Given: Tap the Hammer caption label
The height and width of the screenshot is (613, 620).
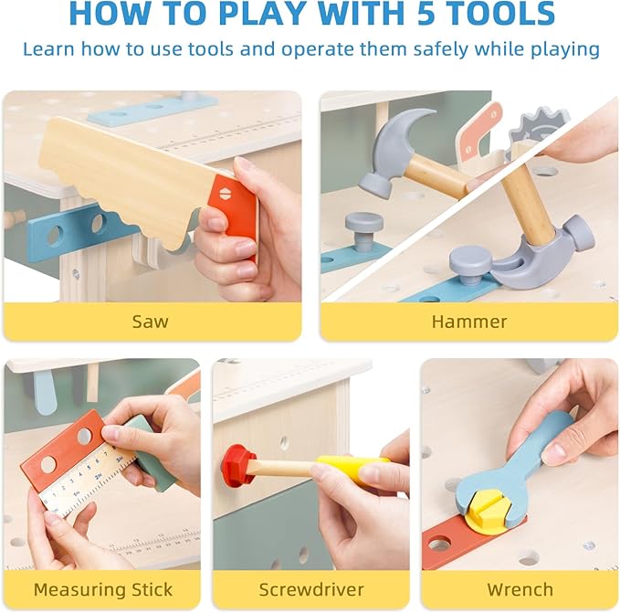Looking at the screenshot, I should pos(468,321).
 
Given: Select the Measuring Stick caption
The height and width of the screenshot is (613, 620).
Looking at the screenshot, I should pos(102,589).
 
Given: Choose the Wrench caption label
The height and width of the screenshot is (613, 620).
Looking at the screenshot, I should pos(519,589).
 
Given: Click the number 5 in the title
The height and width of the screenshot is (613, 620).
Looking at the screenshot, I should pos(422,14).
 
